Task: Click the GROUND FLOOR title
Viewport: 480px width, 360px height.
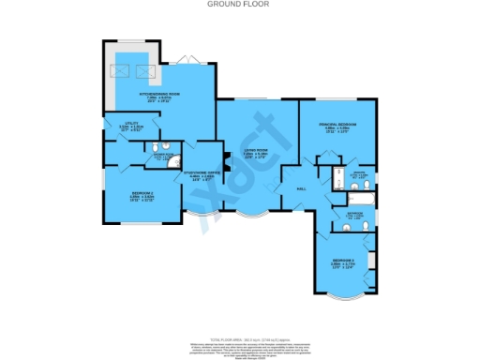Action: (240, 5)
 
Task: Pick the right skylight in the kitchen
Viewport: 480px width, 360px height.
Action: (143, 68)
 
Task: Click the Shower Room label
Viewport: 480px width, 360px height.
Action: (160, 157)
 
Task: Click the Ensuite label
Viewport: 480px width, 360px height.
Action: (356, 174)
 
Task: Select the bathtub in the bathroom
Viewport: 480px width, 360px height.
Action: (360, 199)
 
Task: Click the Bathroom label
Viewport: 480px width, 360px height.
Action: (354, 216)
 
